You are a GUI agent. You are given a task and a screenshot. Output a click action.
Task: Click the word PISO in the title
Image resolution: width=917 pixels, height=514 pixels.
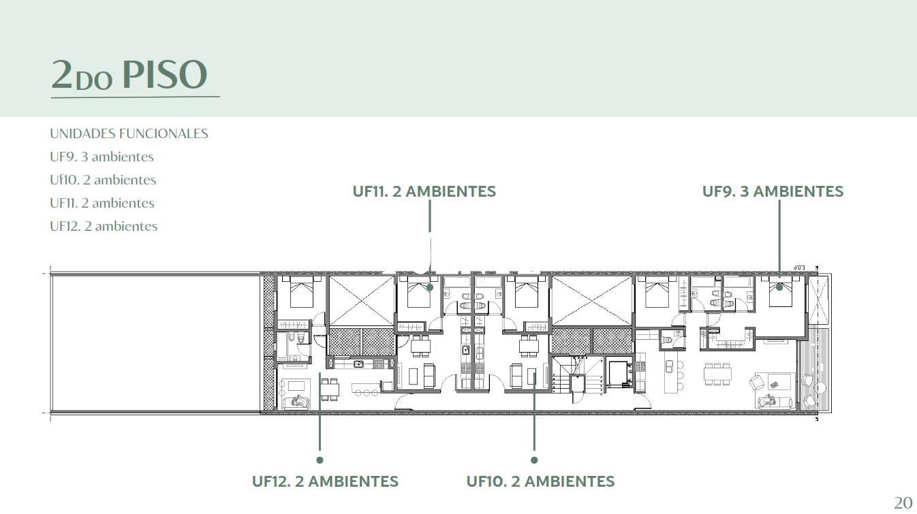point(165,74)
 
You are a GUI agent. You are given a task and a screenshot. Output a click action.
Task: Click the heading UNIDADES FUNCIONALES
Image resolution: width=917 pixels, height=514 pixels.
point(129,134)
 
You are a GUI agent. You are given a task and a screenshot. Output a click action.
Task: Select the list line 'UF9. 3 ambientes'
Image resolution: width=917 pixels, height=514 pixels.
point(102,157)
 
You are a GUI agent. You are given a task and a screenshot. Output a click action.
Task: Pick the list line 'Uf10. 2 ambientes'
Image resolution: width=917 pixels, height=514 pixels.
point(103,180)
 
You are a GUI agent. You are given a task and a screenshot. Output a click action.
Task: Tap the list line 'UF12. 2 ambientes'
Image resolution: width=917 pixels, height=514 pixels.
point(104,226)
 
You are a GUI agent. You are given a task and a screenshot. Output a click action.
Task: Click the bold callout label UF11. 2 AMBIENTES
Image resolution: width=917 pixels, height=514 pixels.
point(424,191)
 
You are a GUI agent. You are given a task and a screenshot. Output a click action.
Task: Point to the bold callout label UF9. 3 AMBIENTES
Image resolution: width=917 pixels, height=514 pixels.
point(773,191)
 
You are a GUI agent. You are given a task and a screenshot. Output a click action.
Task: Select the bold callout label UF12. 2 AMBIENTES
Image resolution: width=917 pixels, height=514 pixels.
point(325,482)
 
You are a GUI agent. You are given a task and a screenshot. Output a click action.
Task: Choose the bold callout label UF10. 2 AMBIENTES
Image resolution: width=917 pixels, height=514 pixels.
point(540,482)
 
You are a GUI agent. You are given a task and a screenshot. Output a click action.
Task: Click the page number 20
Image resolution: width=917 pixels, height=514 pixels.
point(903,503)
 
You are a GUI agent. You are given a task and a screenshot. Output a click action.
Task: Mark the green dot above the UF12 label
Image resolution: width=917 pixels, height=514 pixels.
point(320,460)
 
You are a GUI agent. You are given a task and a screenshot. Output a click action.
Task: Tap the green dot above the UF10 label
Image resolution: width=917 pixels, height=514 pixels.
point(534,460)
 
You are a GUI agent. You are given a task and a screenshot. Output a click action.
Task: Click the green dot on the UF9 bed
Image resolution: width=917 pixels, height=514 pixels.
point(779,287)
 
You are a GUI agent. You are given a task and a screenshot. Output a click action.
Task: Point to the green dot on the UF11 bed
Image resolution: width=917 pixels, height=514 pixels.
point(430,287)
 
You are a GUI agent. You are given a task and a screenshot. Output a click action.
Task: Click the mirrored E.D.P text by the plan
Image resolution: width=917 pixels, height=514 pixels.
point(799,268)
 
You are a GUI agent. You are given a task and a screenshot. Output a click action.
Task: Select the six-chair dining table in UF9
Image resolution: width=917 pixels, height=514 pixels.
point(717,374)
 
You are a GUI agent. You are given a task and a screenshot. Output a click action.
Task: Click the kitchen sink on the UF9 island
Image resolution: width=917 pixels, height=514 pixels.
point(669,366)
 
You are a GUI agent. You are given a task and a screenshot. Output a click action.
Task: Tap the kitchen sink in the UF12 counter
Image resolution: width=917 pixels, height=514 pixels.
point(358,364)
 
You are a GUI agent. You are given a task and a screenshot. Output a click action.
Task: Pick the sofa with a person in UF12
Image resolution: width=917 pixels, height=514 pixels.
point(295,402)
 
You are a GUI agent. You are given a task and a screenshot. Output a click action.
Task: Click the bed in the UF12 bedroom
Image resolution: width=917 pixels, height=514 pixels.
point(302,292)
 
